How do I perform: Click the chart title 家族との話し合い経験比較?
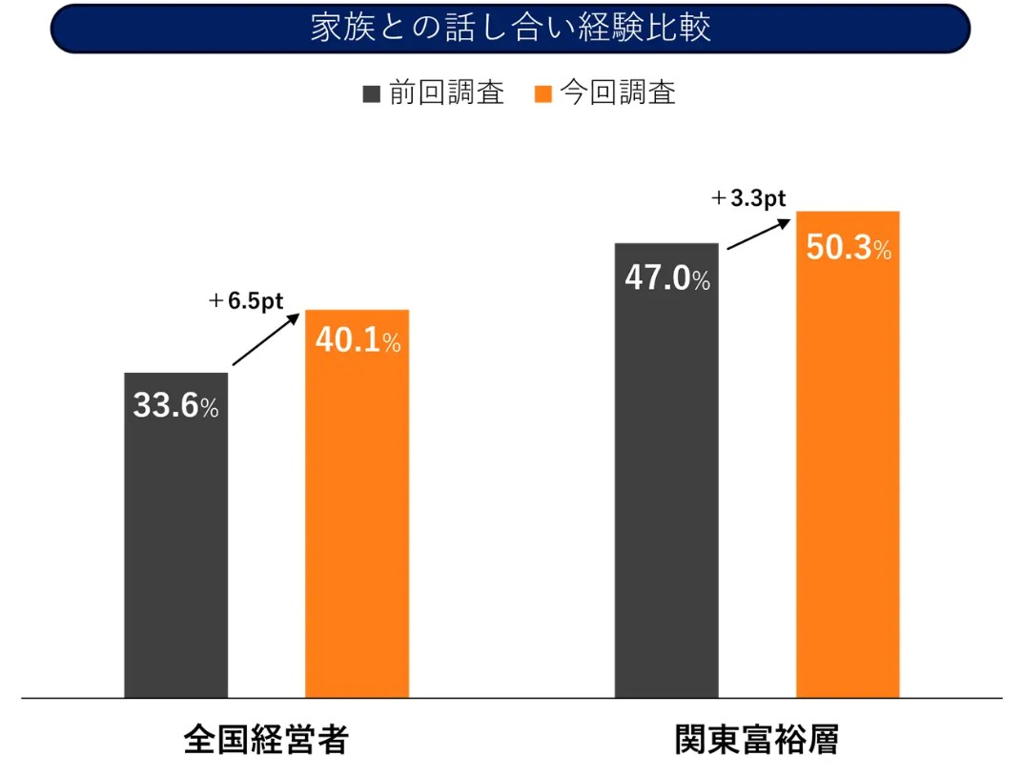[x=510, y=29]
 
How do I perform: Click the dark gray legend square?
[x=372, y=93]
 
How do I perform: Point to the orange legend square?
[x=543, y=93]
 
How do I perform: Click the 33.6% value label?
[x=175, y=407]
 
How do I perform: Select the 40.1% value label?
[x=357, y=341]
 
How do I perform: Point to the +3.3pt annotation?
[x=748, y=198]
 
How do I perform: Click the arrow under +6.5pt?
[x=267, y=338]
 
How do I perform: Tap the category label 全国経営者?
[x=266, y=741]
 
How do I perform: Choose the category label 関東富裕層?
[x=757, y=741]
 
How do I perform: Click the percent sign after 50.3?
[x=883, y=251]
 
